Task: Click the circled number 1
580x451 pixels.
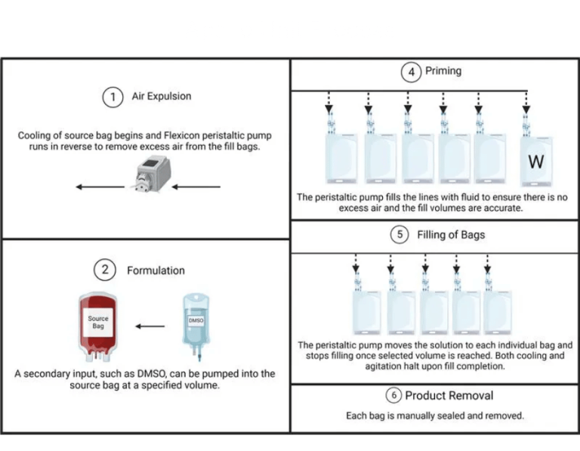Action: [x=113, y=97]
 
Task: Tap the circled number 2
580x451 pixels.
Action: [x=105, y=270]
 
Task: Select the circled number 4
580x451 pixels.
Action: [x=412, y=72]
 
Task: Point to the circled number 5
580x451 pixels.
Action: [x=400, y=234]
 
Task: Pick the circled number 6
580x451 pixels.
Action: [x=394, y=395]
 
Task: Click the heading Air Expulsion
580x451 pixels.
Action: [x=162, y=96]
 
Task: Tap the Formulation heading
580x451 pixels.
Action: [x=156, y=270]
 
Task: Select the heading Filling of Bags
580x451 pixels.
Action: [x=451, y=235]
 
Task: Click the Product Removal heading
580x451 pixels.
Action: [x=449, y=396]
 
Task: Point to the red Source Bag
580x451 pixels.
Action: [x=98, y=327]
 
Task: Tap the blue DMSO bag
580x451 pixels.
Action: [x=196, y=326]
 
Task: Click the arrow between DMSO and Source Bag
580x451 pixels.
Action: [x=150, y=326]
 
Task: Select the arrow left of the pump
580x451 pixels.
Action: [x=100, y=187]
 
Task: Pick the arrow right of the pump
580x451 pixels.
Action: [x=196, y=187]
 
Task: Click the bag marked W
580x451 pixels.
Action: [x=536, y=161]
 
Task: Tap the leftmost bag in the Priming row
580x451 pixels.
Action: [x=341, y=159]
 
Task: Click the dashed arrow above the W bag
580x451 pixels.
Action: [x=526, y=103]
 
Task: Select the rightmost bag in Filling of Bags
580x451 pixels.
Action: [x=497, y=312]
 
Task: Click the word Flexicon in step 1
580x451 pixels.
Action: [x=181, y=135]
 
